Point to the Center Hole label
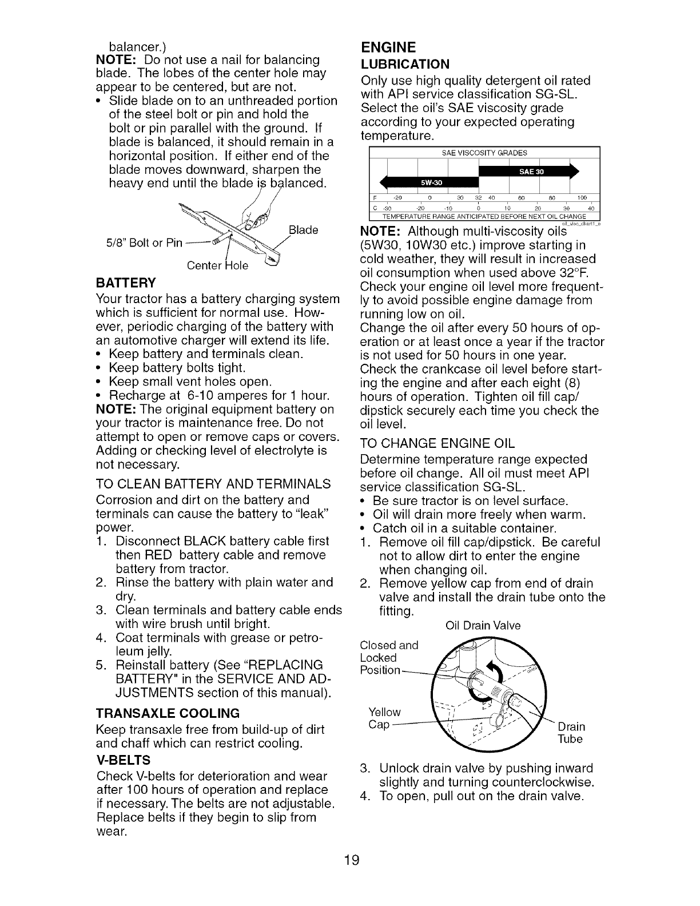click(218, 266)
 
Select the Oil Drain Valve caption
click(482, 626)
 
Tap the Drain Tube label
click(571, 733)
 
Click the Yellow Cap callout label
click(384, 718)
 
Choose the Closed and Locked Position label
click(389, 657)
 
